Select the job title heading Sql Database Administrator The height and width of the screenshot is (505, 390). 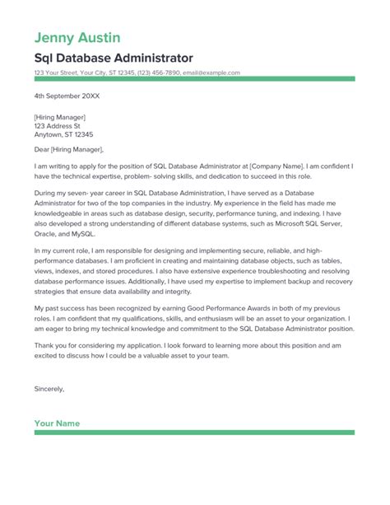114,58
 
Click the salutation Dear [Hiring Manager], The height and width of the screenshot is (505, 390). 69,149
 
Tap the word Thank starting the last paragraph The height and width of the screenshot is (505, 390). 44,346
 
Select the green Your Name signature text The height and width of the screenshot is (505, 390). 57,423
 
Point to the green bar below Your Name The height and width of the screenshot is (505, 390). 194,433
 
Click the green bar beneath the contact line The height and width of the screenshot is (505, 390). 194,79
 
